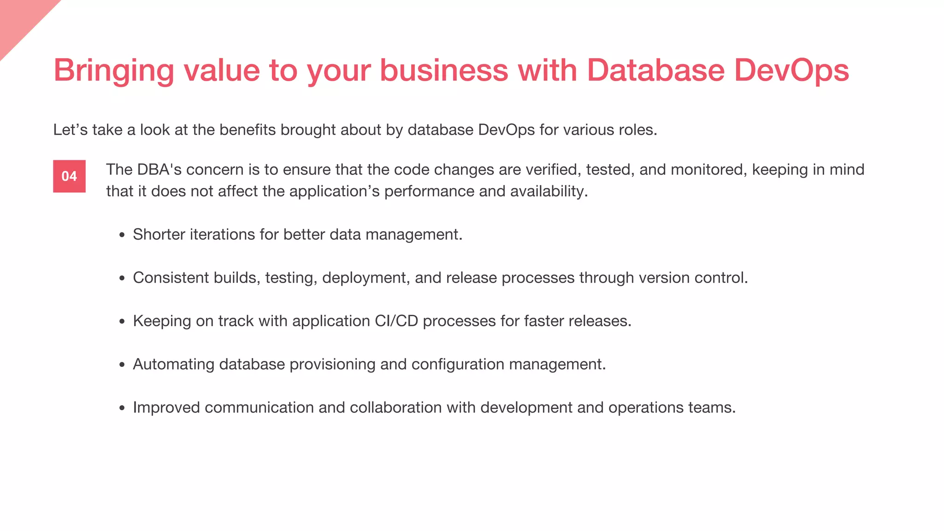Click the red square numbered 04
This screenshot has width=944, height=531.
pos(69,176)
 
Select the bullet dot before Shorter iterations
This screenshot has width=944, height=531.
pos(122,235)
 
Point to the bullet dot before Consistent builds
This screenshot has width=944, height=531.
pos(122,278)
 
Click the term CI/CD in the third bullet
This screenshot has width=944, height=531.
pos(396,321)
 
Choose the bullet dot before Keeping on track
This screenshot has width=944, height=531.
pos(122,322)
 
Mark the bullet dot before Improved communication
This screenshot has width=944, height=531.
pos(122,408)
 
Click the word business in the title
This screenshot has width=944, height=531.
pos(443,70)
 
